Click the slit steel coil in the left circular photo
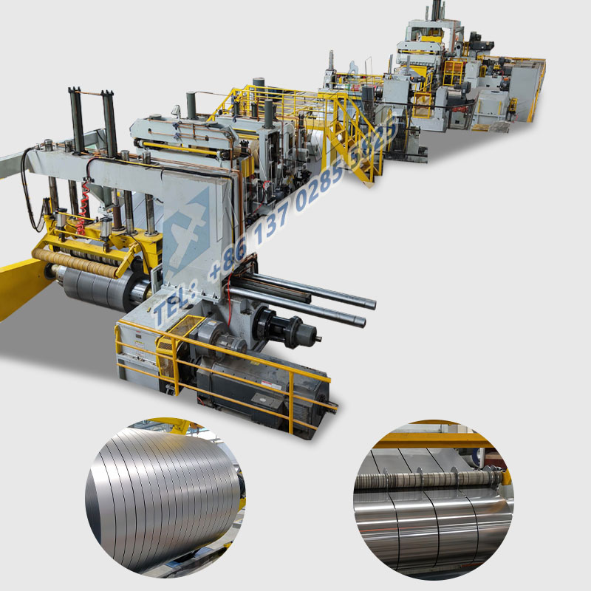click(x=163, y=495)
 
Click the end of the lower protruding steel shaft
click(x=360, y=321)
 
